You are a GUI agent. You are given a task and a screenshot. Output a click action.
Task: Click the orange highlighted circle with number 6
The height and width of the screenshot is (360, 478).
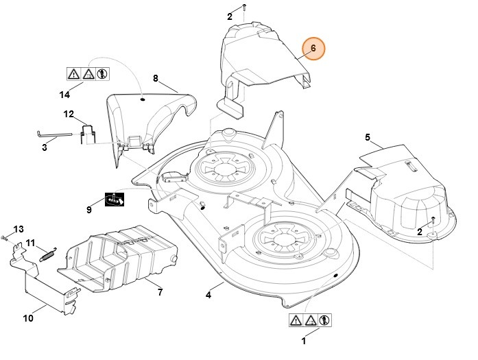click(x=313, y=49)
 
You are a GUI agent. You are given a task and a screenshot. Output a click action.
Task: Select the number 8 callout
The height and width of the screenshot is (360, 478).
click(x=155, y=79)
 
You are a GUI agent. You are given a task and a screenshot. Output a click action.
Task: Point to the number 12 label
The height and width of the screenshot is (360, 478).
click(x=69, y=113)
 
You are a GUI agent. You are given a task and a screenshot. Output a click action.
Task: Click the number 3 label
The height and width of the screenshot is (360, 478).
click(x=45, y=147)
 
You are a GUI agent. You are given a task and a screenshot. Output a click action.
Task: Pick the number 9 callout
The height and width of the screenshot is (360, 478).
click(x=89, y=209)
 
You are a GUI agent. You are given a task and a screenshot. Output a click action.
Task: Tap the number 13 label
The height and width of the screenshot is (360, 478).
click(x=19, y=228)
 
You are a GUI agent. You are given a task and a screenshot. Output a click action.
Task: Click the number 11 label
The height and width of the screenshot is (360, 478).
click(x=30, y=242)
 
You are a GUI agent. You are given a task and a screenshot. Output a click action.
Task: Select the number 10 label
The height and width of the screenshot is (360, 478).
click(x=28, y=317)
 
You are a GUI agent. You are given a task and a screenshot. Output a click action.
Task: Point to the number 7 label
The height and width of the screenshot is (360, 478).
click(x=160, y=293)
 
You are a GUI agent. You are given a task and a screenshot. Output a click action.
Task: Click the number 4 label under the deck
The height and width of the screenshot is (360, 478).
click(x=208, y=296)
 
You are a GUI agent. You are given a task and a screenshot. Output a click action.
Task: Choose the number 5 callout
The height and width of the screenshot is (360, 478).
click(x=367, y=138)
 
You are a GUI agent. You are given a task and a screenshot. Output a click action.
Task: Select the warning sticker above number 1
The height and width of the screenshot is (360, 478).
click(x=310, y=320)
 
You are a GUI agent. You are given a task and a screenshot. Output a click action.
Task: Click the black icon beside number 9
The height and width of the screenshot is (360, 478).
click(x=114, y=199)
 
